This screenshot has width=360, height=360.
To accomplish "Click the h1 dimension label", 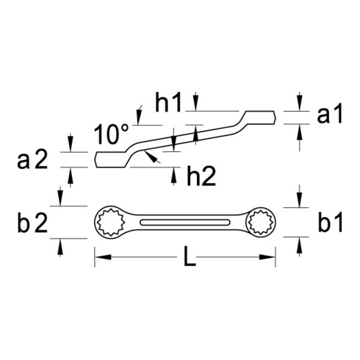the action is tap(168, 102).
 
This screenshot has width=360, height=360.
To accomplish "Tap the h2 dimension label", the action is tap(201, 176).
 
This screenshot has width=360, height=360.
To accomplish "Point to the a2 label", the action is tap(32, 160).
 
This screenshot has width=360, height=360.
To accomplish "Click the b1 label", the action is tap(330, 223).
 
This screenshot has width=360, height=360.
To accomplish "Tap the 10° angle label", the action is tap(112, 134).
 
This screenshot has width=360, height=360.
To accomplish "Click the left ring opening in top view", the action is tap(110, 222).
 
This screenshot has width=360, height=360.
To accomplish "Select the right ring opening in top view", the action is tap(261, 222).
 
